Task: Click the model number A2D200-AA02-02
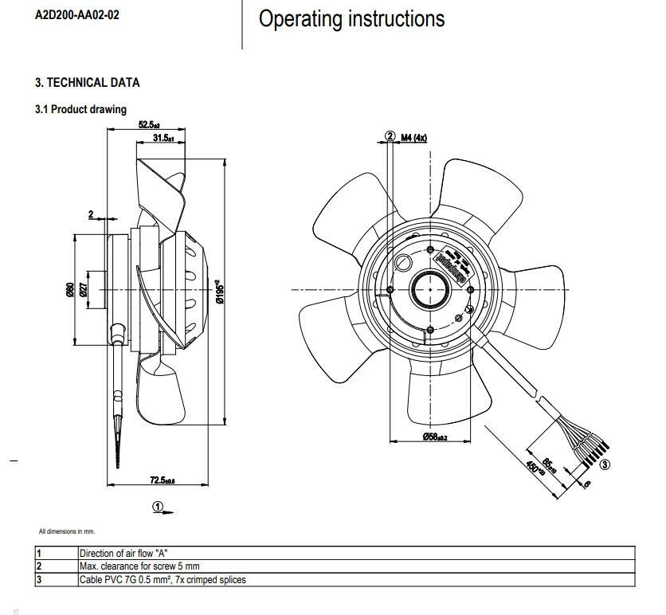pyautogui.click(x=77, y=15)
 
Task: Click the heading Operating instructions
pyautogui.click(x=351, y=19)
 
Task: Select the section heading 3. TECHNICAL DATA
pyautogui.click(x=87, y=82)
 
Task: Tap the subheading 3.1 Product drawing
pyautogui.click(x=80, y=109)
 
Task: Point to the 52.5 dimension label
pyautogui.click(x=149, y=125)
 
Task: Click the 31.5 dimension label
pyautogui.click(x=163, y=139)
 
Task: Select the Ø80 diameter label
pyautogui.click(x=69, y=291)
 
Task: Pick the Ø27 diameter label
pyautogui.click(x=83, y=291)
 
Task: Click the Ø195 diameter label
pyautogui.click(x=217, y=290)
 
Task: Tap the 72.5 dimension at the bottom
pyautogui.click(x=163, y=480)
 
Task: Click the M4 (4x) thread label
pyautogui.click(x=413, y=137)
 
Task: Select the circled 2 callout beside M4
pyautogui.click(x=390, y=137)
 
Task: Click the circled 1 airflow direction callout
pyautogui.click(x=158, y=506)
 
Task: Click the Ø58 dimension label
pyautogui.click(x=434, y=437)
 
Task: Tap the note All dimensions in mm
pyautogui.click(x=66, y=531)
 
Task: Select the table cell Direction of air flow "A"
pyautogui.click(x=123, y=553)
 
